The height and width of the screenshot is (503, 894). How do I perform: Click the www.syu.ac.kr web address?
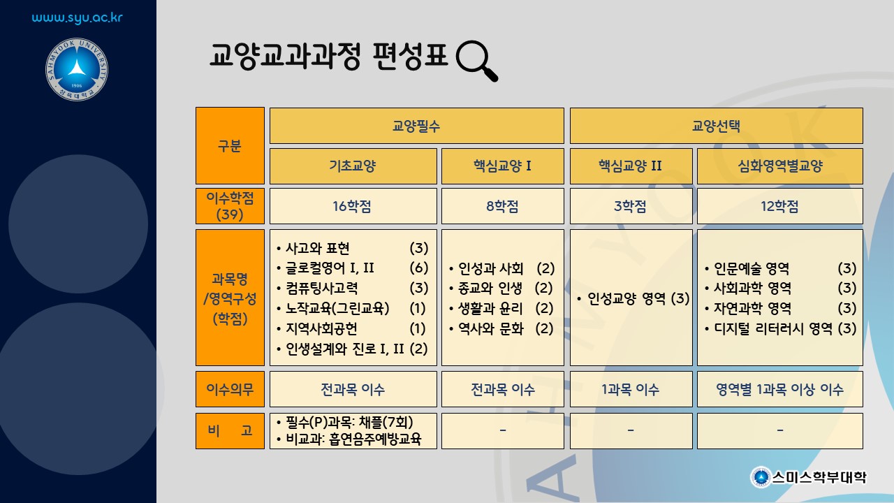pyautogui.click(x=77, y=18)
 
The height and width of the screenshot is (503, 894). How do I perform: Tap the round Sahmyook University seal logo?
pyautogui.click(x=77, y=69)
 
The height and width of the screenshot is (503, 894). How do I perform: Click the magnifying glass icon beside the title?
pyautogui.click(x=476, y=61)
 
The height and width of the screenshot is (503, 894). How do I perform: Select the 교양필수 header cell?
pyautogui.click(x=417, y=126)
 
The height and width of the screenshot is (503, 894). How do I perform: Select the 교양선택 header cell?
pyautogui.click(x=716, y=126)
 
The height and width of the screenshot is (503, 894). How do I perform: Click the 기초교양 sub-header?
pyautogui.click(x=353, y=166)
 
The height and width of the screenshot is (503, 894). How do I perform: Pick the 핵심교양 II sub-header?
pyautogui.click(x=631, y=166)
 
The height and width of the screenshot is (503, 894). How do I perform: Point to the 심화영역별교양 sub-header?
pyautogui.click(x=780, y=166)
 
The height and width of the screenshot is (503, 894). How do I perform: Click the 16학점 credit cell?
pyautogui.click(x=353, y=206)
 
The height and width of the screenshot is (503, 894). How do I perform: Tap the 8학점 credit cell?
pyautogui.click(x=502, y=206)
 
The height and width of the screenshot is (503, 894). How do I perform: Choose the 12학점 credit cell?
pyautogui.click(x=780, y=206)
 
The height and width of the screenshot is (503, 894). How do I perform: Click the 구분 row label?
pyautogui.click(x=230, y=146)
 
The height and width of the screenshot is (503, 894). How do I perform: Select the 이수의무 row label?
pyautogui.click(x=230, y=389)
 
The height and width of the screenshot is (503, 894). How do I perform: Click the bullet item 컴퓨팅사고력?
pyautogui.click(x=322, y=289)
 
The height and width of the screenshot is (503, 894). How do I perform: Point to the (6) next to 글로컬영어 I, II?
pyautogui.click(x=419, y=268)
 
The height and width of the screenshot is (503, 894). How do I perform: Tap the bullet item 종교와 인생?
pyautogui.click(x=490, y=289)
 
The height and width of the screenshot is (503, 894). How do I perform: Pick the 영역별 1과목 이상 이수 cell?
pyautogui.click(x=780, y=389)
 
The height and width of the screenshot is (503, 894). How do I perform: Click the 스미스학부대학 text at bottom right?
pyautogui.click(x=819, y=477)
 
